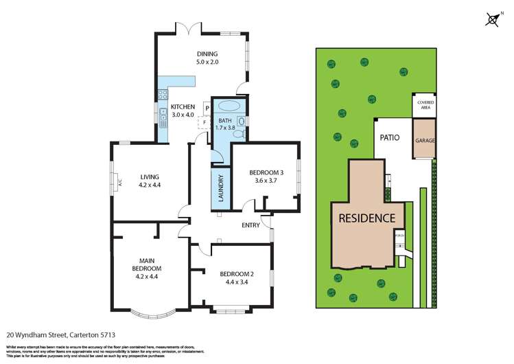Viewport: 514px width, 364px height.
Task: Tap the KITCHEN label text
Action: point(183,106)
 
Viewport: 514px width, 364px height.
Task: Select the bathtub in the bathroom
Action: point(226,107)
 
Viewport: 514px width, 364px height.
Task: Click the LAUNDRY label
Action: point(221,188)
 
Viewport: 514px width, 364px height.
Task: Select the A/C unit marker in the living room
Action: point(119,183)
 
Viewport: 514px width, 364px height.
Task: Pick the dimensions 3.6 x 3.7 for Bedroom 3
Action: point(265,181)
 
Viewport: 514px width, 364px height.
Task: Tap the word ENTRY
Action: point(250,225)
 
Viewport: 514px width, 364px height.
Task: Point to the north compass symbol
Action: point(492,19)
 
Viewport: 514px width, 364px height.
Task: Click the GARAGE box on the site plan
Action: point(425,140)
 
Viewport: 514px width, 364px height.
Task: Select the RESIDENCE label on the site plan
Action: point(366,218)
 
